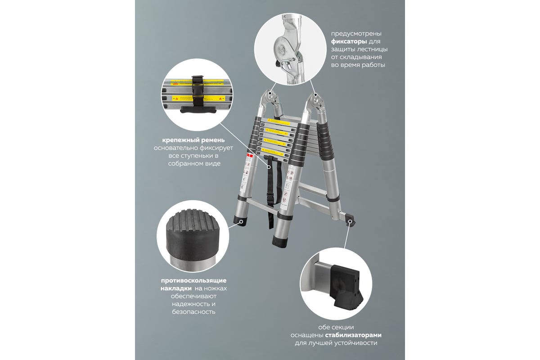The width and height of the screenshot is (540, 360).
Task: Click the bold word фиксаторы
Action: point(349,41)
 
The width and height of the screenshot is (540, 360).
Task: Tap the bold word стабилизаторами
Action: point(353,335)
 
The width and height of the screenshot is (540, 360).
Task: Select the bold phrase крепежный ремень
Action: point(193,140)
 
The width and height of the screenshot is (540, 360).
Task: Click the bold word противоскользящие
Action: point(193,281)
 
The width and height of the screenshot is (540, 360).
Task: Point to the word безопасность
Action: point(193,312)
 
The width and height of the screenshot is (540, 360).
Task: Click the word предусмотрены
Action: point(356,34)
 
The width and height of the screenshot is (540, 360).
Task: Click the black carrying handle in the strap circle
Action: point(198,110)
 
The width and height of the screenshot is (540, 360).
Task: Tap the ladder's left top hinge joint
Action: point(270,97)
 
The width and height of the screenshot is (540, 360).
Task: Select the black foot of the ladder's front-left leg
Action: point(240,220)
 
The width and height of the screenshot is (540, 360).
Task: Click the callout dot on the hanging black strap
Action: point(269,167)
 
